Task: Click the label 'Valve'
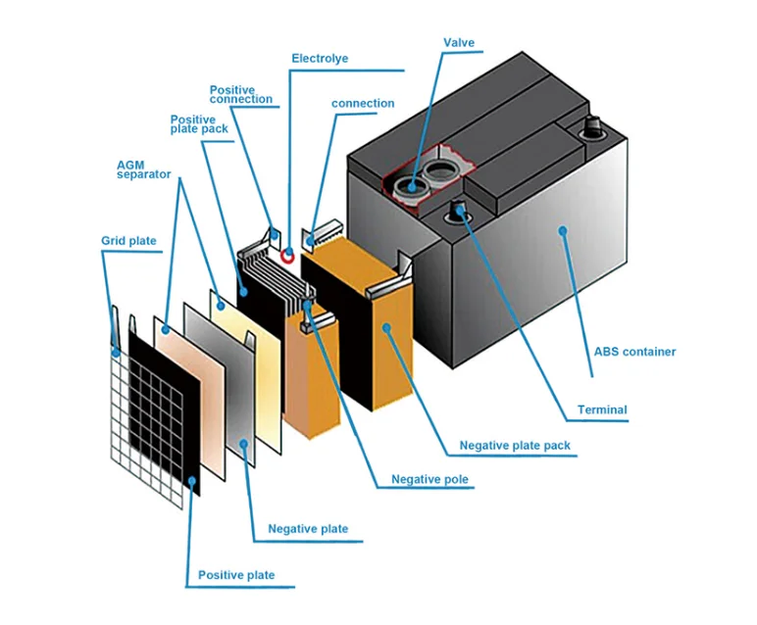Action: tap(459, 43)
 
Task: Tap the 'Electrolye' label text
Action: tap(319, 59)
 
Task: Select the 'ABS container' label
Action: tap(634, 352)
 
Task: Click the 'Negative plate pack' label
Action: tap(515, 446)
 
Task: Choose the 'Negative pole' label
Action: tap(429, 480)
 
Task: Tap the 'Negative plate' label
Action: tap(308, 529)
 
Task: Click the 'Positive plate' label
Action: tap(236, 575)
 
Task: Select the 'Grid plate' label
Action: tap(128, 240)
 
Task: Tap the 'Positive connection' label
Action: tap(241, 95)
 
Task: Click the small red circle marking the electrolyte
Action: tap(288, 256)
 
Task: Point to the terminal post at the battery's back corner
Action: tap(592, 126)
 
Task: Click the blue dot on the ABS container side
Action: tap(563, 231)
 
